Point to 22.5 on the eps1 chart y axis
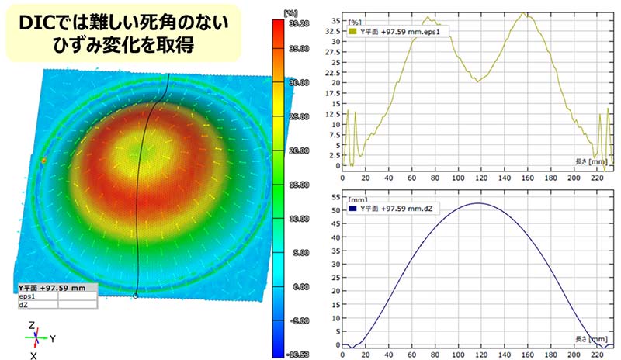pyautogui.click(x=335, y=82)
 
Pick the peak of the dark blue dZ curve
pyautogui.click(x=478, y=203)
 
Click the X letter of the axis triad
pyautogui.click(x=33, y=355)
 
